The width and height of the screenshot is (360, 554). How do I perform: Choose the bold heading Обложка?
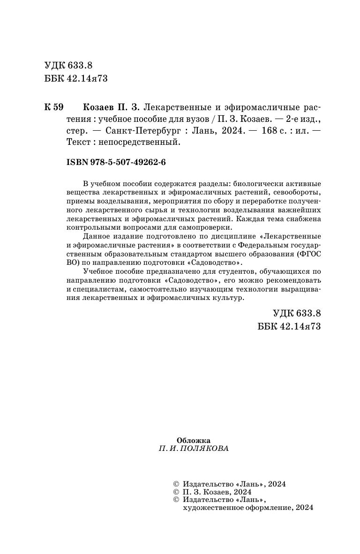pos(194,440)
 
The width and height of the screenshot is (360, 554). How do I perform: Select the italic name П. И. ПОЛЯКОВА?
pos(194,449)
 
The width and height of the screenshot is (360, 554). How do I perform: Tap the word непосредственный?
pos(147,144)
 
